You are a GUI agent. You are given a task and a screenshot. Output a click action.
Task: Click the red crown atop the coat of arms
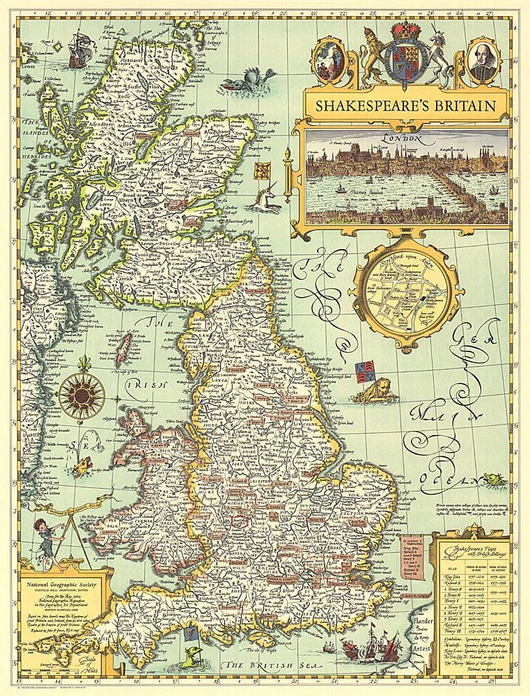pos(405,31)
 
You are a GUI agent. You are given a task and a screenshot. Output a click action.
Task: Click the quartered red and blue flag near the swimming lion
pos(364,372)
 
